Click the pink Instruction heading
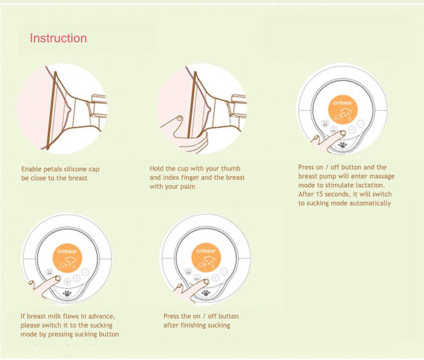pyautogui.click(x=58, y=38)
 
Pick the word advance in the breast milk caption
pyautogui.click(x=101, y=316)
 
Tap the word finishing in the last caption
pyautogui.click(x=193, y=325)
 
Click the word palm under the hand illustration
pyautogui.click(x=187, y=187)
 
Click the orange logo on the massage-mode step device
pyautogui.click(x=343, y=110)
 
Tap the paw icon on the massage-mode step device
pyautogui.click(x=343, y=145)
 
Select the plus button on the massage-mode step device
pyautogui.click(x=352, y=130)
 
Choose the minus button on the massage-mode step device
pyautogui.click(x=361, y=124)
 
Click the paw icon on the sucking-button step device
pyautogui.click(x=67, y=294)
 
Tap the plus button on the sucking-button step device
pyautogui.click(x=77, y=279)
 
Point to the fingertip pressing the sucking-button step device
pyautogui.click(x=58, y=279)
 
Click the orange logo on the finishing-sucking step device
pyautogui.click(x=206, y=257)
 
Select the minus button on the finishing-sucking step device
pyautogui.click(x=224, y=271)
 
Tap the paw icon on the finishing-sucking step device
pyautogui.click(x=206, y=293)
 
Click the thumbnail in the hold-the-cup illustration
pyautogui.click(x=180, y=118)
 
